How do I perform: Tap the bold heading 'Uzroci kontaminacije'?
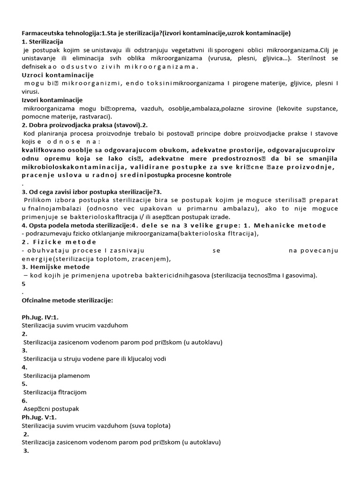[x=58, y=75]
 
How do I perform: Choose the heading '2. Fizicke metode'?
[x=59, y=242]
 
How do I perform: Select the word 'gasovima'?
[x=299, y=276]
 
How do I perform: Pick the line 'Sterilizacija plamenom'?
[x=56, y=375]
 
